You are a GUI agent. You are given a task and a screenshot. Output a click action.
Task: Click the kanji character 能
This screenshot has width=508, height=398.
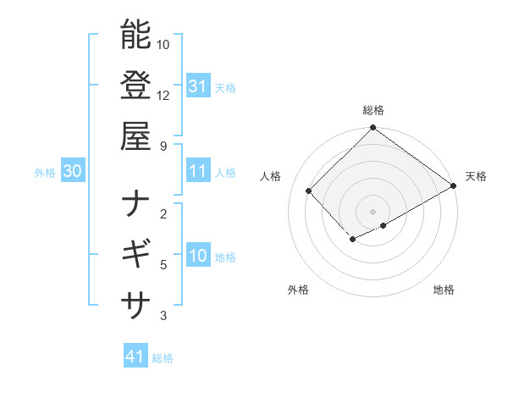click(x=135, y=36)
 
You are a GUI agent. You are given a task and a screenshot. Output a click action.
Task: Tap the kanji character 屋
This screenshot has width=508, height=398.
click(x=135, y=135)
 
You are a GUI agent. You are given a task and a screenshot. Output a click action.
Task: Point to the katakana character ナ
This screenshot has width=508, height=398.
click(x=135, y=204)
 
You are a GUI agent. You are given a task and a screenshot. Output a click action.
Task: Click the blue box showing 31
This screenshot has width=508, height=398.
click(x=198, y=86)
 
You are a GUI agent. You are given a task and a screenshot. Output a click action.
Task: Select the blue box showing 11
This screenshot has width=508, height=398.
click(x=198, y=171)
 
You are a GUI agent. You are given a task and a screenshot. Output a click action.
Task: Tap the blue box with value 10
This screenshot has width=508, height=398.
click(x=198, y=257)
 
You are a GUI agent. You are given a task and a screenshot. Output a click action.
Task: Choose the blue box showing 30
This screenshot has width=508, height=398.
click(x=73, y=172)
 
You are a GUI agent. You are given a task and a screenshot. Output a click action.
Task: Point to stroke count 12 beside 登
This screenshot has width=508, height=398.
click(x=163, y=95)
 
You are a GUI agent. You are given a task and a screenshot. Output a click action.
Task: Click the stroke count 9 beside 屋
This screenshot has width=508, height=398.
click(x=163, y=146)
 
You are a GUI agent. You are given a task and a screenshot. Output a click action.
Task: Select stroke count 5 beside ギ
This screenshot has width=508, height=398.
click(x=163, y=265)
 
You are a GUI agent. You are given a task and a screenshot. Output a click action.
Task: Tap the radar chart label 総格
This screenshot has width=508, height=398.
click(x=373, y=110)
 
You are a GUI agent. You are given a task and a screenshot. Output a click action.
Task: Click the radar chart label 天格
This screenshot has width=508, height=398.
click(x=476, y=176)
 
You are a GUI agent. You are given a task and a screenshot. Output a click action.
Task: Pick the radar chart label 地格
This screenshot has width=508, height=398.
click(x=444, y=290)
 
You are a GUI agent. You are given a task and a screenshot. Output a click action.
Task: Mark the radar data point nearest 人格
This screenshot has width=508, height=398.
click(x=310, y=191)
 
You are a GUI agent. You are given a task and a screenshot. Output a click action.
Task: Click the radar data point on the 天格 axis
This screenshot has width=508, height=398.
click(x=454, y=185)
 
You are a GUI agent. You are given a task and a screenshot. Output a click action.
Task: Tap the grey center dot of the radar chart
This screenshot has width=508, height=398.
click(x=373, y=212)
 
